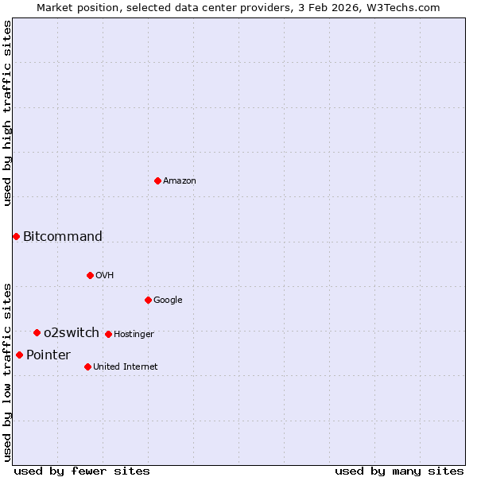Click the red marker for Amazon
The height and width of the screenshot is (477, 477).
coord(157,180)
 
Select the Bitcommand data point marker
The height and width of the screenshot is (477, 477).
coord(16,236)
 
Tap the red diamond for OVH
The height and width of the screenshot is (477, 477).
coord(90,275)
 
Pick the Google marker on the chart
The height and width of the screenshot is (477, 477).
coord(148,300)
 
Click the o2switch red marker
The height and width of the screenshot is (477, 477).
coord(37,332)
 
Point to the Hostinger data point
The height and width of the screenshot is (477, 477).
coord(108,334)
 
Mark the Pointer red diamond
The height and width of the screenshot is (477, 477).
coord(19,355)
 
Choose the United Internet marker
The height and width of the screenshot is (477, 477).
coord(87,366)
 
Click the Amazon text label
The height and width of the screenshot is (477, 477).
coord(180,181)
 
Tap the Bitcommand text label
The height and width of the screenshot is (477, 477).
coord(63,236)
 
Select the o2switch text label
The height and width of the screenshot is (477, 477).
coord(72,332)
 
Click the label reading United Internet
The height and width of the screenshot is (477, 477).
coord(126,366)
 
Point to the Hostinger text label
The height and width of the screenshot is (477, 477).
coord(134,334)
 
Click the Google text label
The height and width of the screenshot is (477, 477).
coord(168,300)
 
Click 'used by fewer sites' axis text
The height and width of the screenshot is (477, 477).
coord(82,471)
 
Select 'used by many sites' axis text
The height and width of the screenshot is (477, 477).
coord(399,471)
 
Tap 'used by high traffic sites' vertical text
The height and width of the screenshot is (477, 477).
coord(7,113)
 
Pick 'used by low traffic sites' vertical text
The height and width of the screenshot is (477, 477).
coord(7,371)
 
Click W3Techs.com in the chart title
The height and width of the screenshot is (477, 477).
coord(412,7)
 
